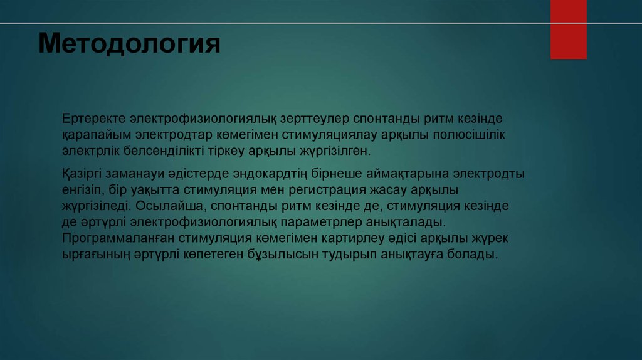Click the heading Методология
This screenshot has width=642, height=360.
point(129,45)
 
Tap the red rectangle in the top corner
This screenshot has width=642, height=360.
point(568,30)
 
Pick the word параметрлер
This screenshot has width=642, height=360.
point(325,222)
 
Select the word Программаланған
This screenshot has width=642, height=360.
point(117,238)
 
